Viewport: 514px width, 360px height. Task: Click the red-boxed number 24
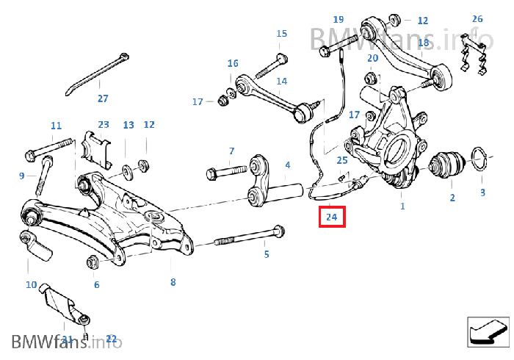(331, 217)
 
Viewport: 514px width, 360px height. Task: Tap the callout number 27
(103, 98)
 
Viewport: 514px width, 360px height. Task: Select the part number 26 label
(477, 18)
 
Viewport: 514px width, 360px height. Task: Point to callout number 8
(173, 281)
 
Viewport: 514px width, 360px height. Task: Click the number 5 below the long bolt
(267, 254)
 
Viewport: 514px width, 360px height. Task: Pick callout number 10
(31, 284)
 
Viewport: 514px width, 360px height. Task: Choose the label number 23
(104, 125)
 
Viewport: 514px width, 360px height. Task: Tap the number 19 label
(338, 19)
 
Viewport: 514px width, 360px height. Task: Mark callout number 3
(482, 192)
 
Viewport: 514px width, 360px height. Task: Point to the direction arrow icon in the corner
(488, 330)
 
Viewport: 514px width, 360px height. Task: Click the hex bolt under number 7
(225, 173)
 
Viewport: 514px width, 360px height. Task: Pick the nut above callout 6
(94, 261)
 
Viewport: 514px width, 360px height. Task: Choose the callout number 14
(282, 81)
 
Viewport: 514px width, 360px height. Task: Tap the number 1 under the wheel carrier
(402, 206)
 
